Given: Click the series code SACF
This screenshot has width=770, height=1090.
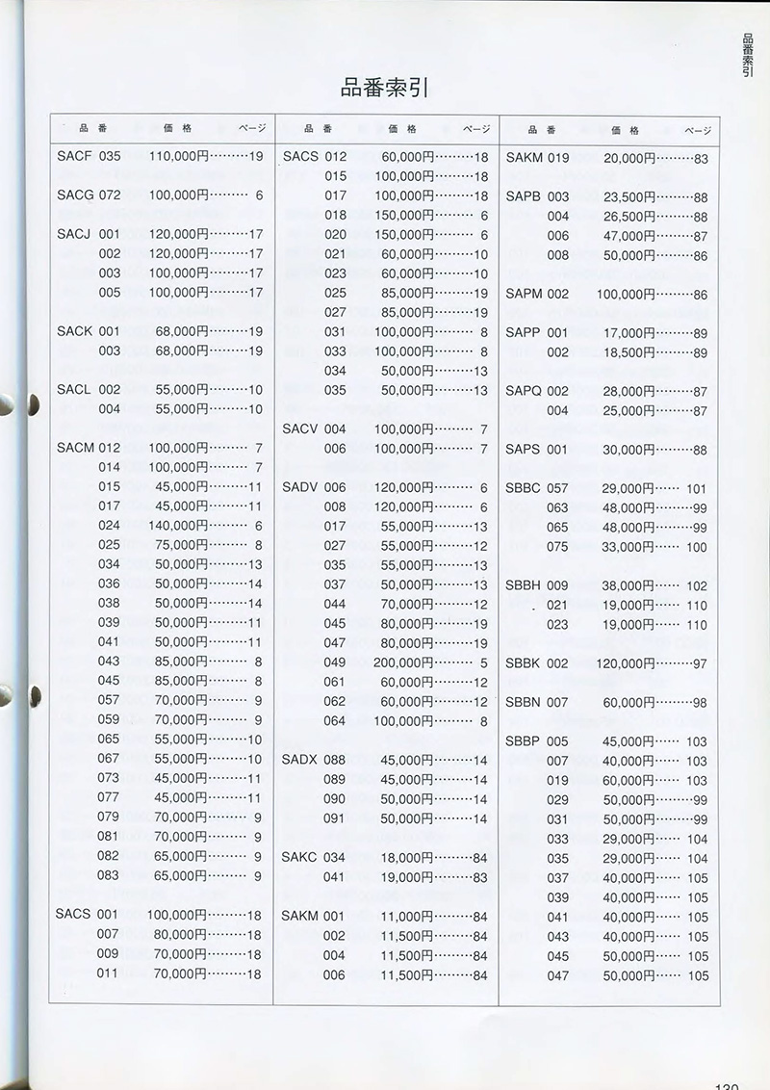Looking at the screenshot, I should coord(75,156).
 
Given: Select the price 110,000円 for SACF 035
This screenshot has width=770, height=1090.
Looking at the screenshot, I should coord(178,156).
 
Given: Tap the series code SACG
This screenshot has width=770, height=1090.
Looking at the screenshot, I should coord(76,195).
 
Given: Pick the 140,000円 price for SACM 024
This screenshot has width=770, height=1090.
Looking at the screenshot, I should coord(178,526).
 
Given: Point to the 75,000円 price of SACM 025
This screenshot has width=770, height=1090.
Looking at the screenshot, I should coord(182,545).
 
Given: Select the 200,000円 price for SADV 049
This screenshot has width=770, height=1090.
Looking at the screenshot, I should coord(403,662).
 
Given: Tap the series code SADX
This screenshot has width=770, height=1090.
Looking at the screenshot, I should coord(300,760).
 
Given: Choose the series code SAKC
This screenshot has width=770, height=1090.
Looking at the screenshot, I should coord(300,857).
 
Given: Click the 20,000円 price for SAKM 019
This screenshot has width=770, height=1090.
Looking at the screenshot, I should coord(629,158).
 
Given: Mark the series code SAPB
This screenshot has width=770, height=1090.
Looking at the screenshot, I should coord(524,196).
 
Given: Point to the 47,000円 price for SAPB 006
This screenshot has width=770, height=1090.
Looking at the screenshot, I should coord(629,236).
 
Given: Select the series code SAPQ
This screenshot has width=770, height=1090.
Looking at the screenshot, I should coord(525,392).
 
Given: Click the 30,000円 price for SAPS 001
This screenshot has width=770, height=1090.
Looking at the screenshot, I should coord(629,450).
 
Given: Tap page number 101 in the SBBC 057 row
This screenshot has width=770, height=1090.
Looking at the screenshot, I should coord(697,489).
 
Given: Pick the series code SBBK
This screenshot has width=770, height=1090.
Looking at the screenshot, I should coord(524,663).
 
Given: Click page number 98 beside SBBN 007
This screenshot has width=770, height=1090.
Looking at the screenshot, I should coord(700,703).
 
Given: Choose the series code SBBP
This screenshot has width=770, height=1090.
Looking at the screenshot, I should coord(524,741).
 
